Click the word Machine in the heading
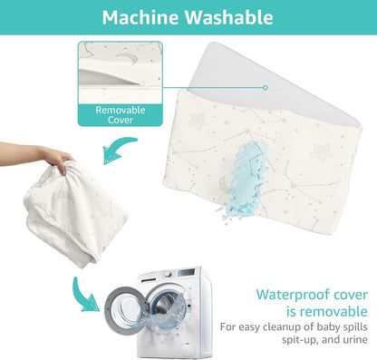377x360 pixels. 140,17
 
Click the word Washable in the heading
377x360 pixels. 229,17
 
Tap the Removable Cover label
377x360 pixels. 121,115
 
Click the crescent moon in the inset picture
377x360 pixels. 127,58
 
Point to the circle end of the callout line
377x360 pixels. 266,88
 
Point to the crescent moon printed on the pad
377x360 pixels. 223,183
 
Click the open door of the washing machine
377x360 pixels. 125,310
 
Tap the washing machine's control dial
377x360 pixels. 168,275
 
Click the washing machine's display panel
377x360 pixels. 186,272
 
